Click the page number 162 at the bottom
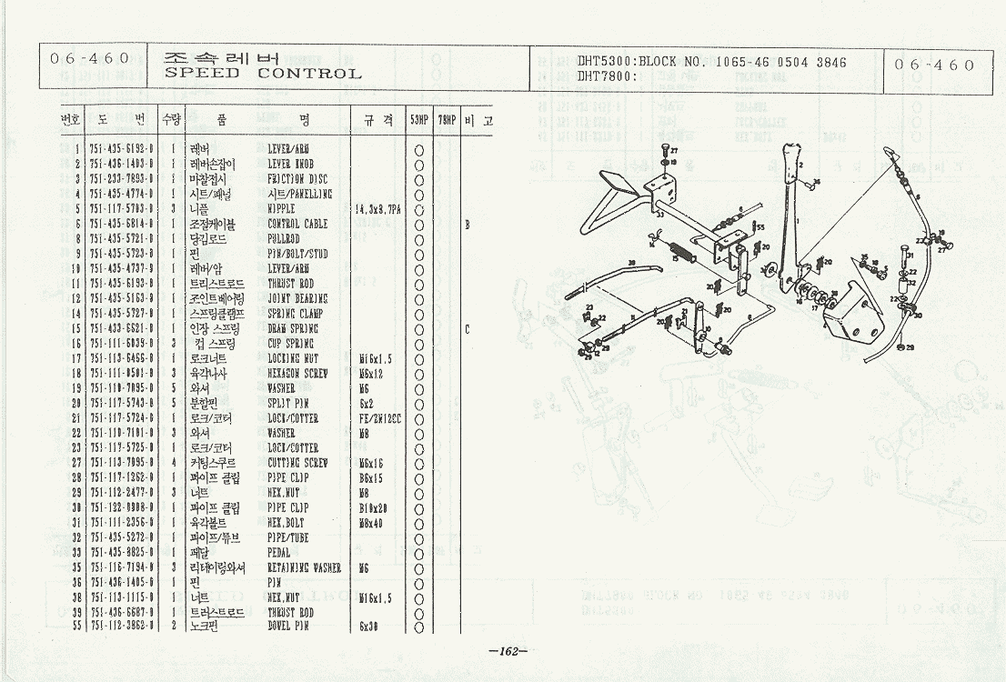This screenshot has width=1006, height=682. coord(508,651)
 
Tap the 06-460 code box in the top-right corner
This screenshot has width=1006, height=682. coord(934,65)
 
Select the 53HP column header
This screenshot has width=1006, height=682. coord(419,120)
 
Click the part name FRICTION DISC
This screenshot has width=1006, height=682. coord(297,179)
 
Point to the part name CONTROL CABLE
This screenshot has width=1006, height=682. coord(297,224)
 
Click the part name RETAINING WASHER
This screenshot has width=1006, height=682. coord(304,567)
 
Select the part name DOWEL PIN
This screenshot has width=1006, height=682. coord(290,627)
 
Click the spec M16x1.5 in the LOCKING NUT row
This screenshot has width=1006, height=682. coord(374,358)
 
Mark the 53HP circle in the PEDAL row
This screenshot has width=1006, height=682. coord(419,552)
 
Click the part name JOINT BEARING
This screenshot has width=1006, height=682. coord(297,298)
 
